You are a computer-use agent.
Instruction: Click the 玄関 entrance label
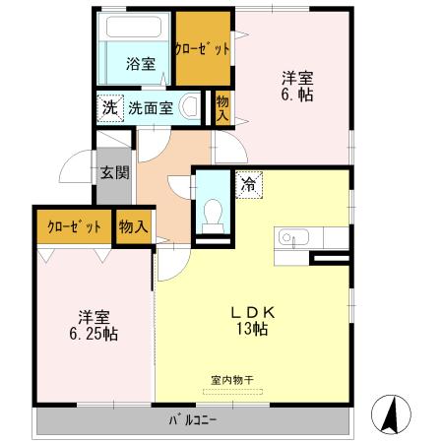coord(114,173)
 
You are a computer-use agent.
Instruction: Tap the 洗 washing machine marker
coord(106,108)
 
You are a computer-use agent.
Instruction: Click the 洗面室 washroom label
coord(152,108)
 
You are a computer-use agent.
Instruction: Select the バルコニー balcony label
coord(192,421)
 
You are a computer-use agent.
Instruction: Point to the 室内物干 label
coord(233,378)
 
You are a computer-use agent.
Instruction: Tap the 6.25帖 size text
coord(95,334)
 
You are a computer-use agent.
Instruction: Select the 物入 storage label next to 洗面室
coord(222,108)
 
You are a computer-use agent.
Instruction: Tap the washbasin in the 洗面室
coord(190,107)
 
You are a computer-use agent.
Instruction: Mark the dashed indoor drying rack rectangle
coord(233,392)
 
